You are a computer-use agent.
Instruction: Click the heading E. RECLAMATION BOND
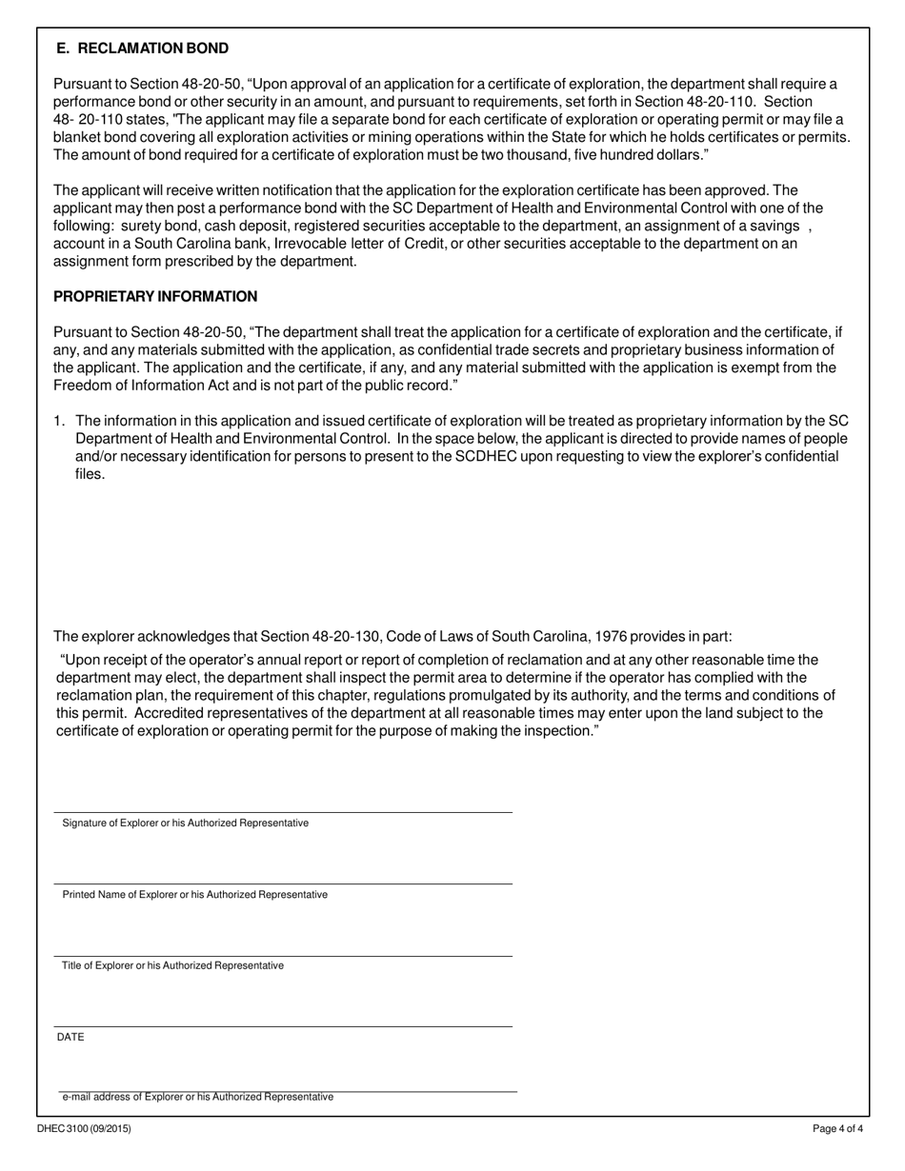(x=142, y=49)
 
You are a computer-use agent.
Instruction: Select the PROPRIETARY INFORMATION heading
(x=155, y=297)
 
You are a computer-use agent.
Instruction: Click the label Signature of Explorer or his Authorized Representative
(x=186, y=823)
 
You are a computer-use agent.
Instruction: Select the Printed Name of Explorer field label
(x=194, y=895)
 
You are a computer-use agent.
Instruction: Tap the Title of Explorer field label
(x=172, y=965)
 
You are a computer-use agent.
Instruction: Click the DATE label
(x=70, y=1037)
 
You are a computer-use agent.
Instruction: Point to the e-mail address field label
(x=197, y=1097)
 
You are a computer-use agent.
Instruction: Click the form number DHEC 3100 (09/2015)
(x=85, y=1129)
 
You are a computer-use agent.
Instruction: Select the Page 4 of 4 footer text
(x=837, y=1129)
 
